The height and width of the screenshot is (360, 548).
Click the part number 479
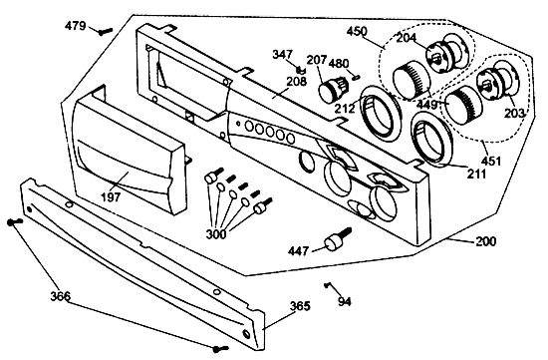[x=75, y=26]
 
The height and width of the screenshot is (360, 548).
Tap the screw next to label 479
[x=106, y=32]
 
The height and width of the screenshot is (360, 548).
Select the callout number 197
[x=111, y=197]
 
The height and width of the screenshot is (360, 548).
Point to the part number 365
[x=300, y=306]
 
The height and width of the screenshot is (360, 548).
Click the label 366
[x=61, y=296]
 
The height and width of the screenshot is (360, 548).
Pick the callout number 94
[x=345, y=301]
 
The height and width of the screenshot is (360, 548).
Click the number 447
[x=299, y=251]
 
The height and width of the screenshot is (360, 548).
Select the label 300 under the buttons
[x=215, y=234]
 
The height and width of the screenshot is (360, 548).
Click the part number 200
[x=485, y=241]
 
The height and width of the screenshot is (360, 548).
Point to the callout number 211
[x=476, y=174]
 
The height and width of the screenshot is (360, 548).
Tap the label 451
[x=491, y=162]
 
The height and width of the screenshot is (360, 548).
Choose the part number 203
[x=514, y=113]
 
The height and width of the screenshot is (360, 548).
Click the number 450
[x=357, y=31]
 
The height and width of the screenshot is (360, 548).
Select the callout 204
[x=407, y=37]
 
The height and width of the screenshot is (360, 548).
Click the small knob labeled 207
[x=332, y=89]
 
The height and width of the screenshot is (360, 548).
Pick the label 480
[x=339, y=64]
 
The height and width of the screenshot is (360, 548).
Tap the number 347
[x=282, y=55]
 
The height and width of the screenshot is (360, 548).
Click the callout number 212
[x=345, y=109]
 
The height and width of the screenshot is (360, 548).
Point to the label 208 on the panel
[x=296, y=81]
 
